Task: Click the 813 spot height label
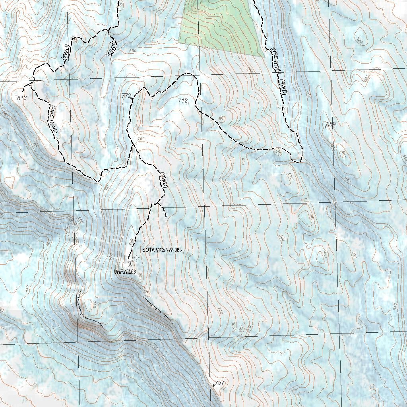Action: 22,98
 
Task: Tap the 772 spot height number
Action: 126,96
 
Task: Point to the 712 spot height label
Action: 182,101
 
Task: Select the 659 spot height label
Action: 331,124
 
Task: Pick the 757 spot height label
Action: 220,383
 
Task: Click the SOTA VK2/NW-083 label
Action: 162,250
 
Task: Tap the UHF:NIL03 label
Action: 125,272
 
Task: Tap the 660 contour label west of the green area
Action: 133,50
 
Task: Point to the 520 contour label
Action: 360,39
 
